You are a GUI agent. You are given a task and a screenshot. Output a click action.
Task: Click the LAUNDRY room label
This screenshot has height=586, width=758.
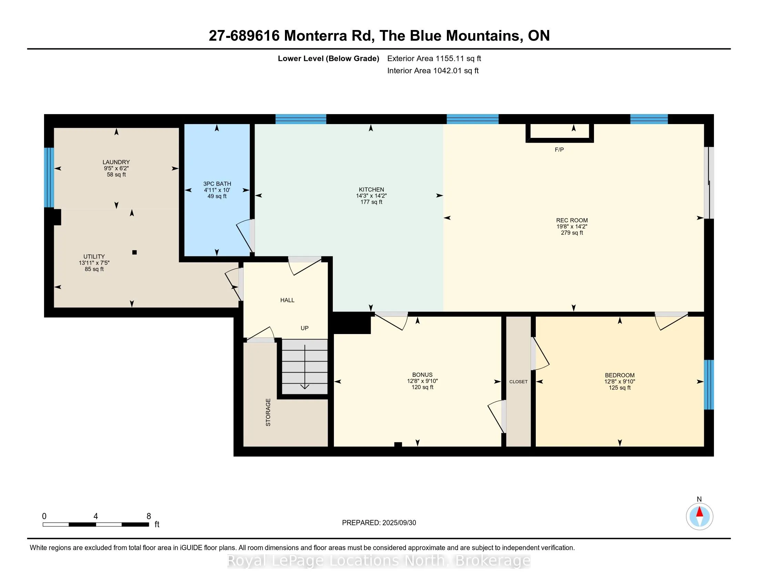(x=116, y=162)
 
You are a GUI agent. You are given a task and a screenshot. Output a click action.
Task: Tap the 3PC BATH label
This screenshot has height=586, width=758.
(x=217, y=184)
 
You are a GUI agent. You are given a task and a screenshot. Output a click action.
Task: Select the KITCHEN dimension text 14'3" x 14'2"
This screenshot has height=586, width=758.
(x=371, y=196)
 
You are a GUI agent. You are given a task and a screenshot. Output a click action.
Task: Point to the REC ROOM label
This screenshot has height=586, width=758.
(x=572, y=221)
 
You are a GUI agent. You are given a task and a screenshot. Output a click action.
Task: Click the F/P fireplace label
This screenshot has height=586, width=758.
(x=559, y=150)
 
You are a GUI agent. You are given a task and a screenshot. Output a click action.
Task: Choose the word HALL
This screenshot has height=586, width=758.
(x=287, y=300)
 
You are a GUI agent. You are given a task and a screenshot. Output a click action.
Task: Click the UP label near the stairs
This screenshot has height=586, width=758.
(x=304, y=328)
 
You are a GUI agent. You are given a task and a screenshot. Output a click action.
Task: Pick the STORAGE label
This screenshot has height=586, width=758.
(x=268, y=412)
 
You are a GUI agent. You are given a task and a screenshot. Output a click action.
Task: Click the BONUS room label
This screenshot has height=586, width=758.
(x=422, y=375)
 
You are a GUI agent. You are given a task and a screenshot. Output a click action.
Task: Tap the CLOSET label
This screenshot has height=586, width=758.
(x=519, y=382)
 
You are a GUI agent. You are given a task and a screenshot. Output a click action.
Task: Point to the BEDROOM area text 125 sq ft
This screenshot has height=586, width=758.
(x=619, y=388)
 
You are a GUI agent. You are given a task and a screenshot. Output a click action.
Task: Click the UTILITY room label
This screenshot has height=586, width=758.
(x=94, y=256)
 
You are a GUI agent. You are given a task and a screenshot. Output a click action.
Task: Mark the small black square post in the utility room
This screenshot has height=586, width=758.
(x=135, y=252)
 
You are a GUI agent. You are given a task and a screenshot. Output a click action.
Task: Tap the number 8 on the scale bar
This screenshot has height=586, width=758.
(x=148, y=516)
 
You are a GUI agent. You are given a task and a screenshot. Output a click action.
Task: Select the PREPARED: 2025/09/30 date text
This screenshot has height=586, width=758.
(x=379, y=523)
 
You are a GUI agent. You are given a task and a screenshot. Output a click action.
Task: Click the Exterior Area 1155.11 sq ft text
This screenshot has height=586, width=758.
(x=434, y=59)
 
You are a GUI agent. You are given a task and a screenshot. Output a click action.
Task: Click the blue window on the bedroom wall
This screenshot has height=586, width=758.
(x=709, y=385)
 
